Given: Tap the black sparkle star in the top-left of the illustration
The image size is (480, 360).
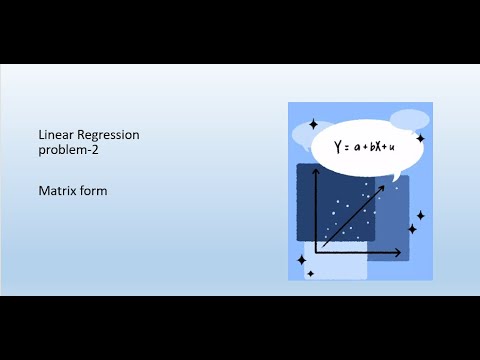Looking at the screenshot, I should (313, 124).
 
